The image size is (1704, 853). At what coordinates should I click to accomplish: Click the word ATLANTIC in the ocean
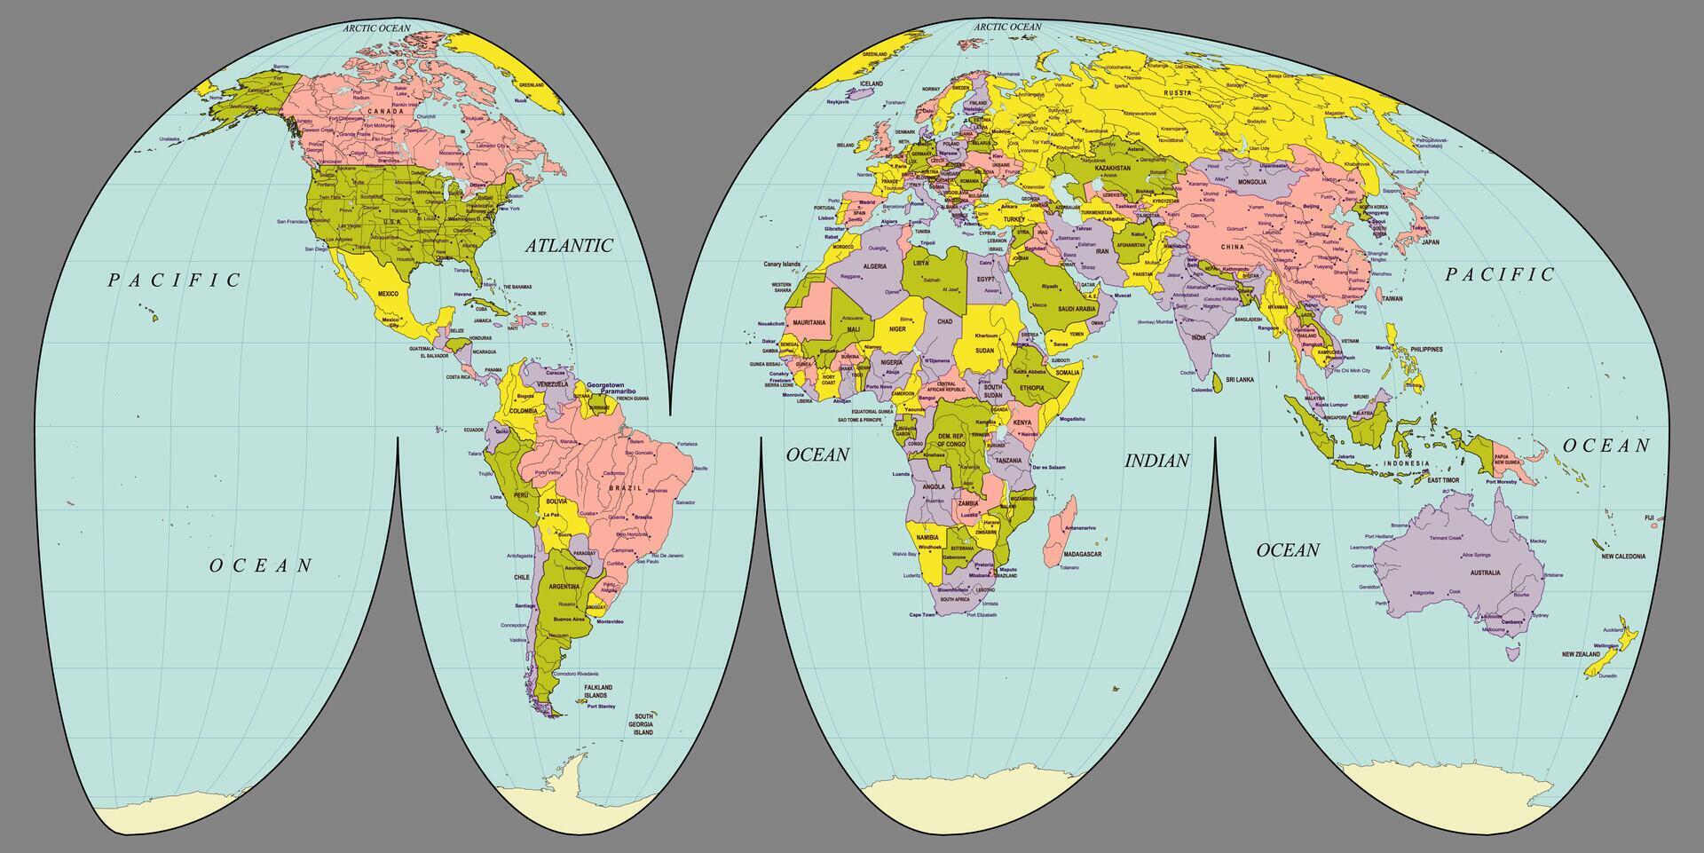(x=569, y=246)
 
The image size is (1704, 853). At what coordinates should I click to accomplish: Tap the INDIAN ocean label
(x=1156, y=461)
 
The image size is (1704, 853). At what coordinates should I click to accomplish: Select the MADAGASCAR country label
(x=1082, y=554)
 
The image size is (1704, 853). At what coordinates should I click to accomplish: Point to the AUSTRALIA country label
(x=1485, y=573)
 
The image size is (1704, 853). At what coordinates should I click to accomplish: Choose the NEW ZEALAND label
(x=1581, y=654)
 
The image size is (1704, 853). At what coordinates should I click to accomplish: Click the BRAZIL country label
(x=625, y=488)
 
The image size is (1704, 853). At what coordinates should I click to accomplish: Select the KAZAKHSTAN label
(x=1112, y=168)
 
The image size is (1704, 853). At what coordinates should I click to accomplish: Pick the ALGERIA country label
(x=874, y=266)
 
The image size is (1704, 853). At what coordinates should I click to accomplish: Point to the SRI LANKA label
(x=1239, y=379)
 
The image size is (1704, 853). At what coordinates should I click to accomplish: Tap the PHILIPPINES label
(x=1425, y=350)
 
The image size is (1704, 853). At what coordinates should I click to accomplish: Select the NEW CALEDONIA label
(x=1622, y=557)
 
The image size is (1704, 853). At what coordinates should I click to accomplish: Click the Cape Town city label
(x=922, y=614)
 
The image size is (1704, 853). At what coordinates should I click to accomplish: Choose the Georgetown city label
(x=604, y=385)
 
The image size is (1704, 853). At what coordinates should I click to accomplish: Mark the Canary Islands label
(x=781, y=264)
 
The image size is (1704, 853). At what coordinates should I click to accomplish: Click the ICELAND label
(x=871, y=83)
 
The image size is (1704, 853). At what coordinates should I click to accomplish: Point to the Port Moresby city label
(x=1502, y=482)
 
